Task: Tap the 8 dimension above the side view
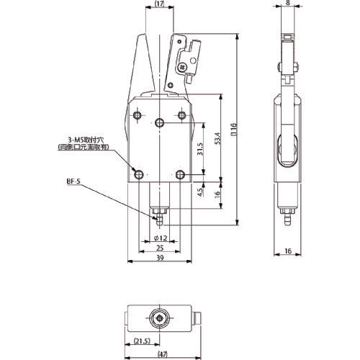point(289,4)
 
